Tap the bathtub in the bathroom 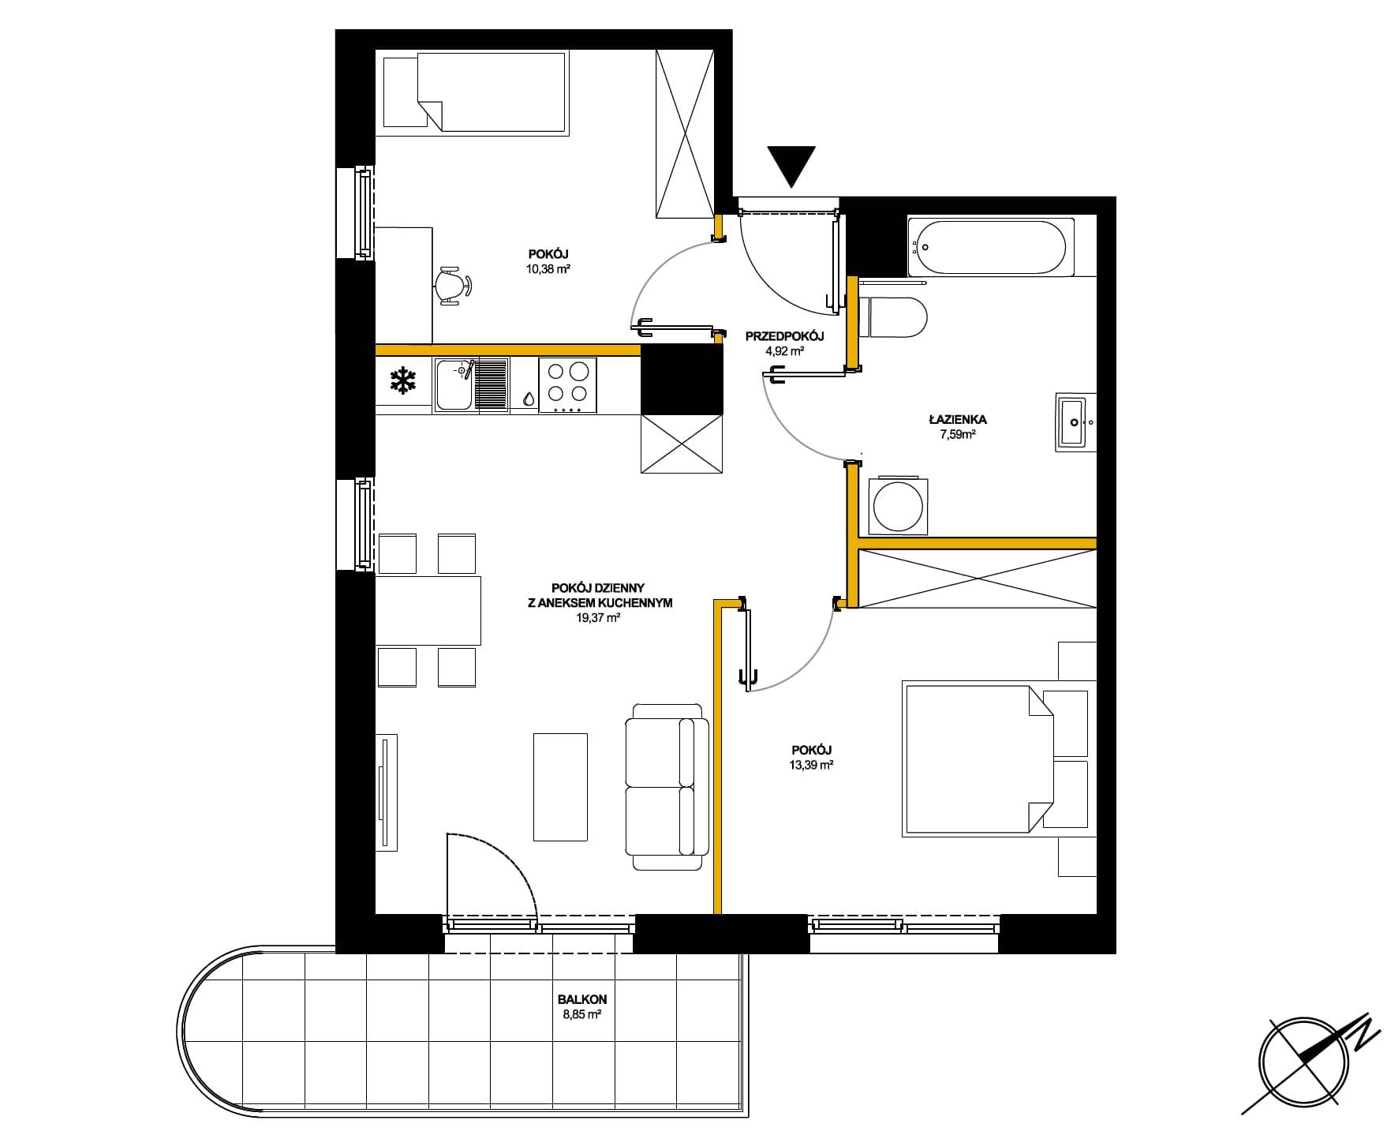tap(991, 247)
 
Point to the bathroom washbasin tap(1075, 421)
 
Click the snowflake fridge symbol tap(403, 381)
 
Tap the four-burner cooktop tap(567, 385)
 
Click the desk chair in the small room tap(454, 286)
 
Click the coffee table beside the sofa tap(560, 787)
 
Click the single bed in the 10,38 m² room tap(475, 91)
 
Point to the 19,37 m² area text tap(597, 619)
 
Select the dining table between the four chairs tap(428, 611)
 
